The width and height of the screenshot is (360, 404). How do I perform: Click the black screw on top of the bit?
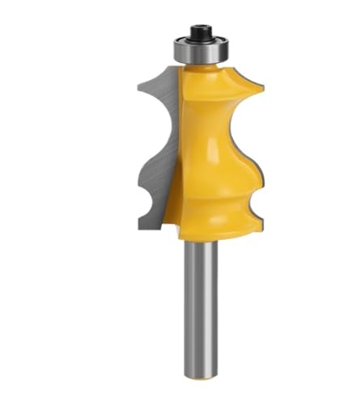pyautogui.click(x=198, y=34)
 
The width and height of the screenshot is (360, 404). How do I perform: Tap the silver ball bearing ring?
pyautogui.click(x=198, y=49)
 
